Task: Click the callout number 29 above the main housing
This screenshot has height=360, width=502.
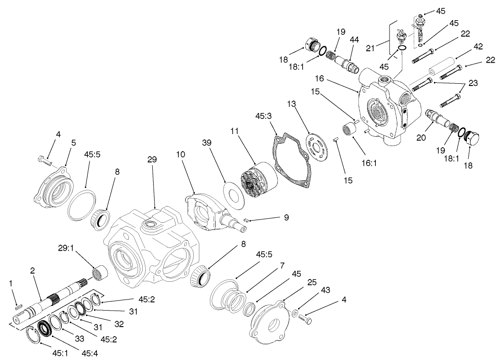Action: pos(152,160)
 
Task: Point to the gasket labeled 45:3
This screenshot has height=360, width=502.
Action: pos(293,158)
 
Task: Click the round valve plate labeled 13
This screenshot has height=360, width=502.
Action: pos(317,146)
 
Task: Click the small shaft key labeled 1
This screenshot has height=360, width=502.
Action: pos(17,307)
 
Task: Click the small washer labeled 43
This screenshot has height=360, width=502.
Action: pos(295,313)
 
